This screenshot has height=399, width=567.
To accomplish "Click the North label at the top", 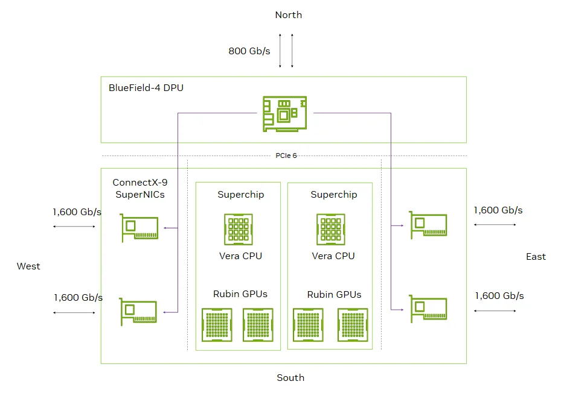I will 288,15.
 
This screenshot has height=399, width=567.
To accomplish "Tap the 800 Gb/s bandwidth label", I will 249,51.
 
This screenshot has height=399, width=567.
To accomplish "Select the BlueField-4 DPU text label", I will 146,88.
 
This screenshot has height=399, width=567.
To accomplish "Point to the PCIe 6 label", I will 286,156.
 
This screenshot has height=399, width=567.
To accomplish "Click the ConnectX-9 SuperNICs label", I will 139,188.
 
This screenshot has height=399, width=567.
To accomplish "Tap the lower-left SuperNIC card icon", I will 139,311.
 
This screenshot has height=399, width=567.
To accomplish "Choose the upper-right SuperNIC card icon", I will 428,225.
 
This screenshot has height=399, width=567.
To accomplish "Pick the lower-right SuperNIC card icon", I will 428,309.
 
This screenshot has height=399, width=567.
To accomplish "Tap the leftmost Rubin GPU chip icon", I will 216,325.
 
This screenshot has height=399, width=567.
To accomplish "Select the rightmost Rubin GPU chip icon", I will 353,325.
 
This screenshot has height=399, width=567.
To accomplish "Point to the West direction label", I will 28,266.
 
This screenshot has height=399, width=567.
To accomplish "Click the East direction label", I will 536,257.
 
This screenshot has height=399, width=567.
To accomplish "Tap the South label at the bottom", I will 290,378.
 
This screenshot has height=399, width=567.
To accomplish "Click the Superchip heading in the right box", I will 333,195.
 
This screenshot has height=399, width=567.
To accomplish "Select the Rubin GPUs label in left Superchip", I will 240,294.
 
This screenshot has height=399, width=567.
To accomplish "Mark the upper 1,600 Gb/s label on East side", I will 498,210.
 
